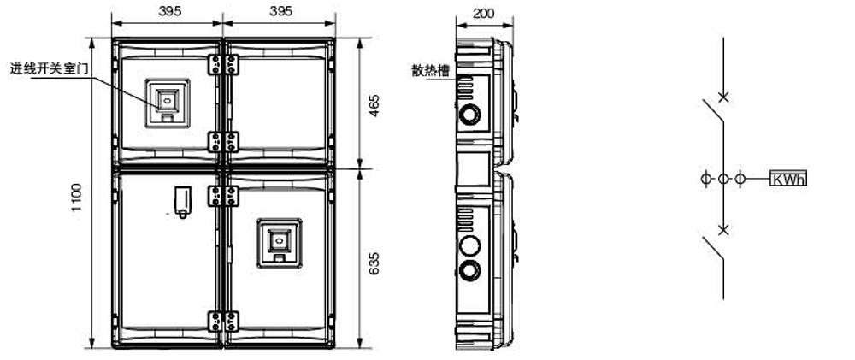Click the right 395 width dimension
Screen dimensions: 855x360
[280, 11]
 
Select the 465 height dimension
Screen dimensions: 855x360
[374, 105]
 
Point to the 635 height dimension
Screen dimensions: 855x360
[374, 263]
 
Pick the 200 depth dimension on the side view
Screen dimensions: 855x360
[484, 13]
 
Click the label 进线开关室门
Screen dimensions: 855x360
[49, 69]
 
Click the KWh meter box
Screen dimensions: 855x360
[788, 179]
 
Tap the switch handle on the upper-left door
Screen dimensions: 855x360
[168, 103]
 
